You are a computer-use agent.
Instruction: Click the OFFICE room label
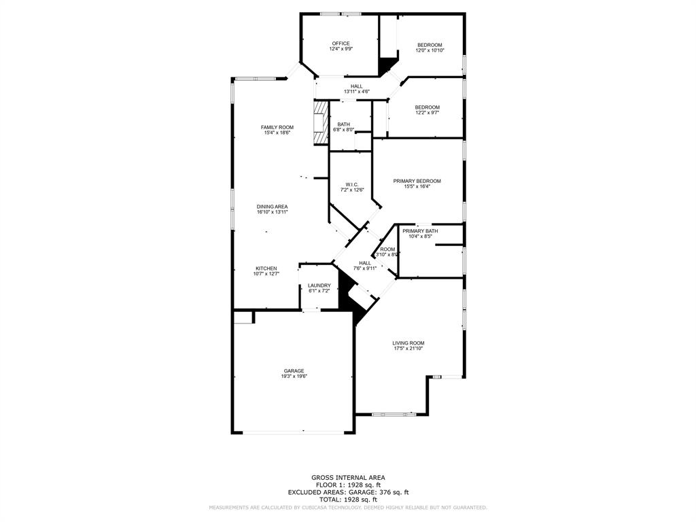tap(341, 43)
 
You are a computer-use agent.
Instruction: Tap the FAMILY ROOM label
tap(277, 127)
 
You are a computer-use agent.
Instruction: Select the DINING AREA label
tap(272, 207)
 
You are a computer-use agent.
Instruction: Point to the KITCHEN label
tap(266, 268)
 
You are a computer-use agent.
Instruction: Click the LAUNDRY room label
tap(319, 285)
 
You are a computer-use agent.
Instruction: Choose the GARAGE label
tap(294, 370)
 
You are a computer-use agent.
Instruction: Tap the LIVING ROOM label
tap(408, 343)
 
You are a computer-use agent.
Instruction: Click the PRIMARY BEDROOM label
tap(417, 181)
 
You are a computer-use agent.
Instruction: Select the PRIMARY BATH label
tap(420, 231)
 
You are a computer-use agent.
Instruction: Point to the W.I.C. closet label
tap(352, 184)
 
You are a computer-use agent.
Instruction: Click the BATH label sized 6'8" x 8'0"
tap(343, 124)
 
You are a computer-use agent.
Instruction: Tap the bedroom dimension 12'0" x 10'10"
tap(430, 50)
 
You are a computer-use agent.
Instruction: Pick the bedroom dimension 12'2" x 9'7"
tap(428, 113)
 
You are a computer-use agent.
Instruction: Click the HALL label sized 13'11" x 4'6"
tap(356, 86)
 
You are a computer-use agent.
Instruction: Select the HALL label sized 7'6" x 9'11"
tap(365, 263)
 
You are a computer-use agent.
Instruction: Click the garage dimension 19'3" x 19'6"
tap(294, 377)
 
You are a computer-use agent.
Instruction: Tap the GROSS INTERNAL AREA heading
tap(347, 477)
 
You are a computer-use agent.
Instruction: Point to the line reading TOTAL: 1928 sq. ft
tap(347, 500)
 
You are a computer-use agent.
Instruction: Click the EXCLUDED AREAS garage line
tap(347, 492)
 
